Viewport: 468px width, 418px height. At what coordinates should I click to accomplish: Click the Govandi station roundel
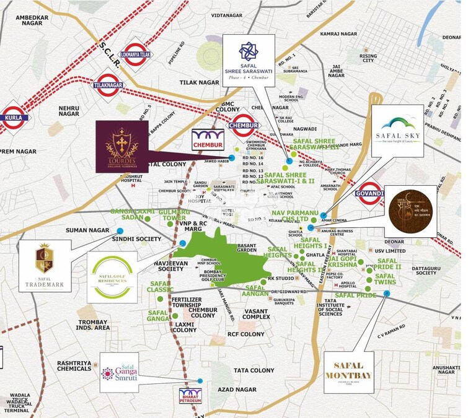[370, 193]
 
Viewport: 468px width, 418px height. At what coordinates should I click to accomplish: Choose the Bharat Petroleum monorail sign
[190, 396]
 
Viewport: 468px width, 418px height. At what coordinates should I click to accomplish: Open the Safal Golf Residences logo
[112, 276]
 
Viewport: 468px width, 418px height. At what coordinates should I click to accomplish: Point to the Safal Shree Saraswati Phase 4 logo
[249, 60]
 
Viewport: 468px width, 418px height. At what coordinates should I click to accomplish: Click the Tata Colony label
[254, 370]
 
